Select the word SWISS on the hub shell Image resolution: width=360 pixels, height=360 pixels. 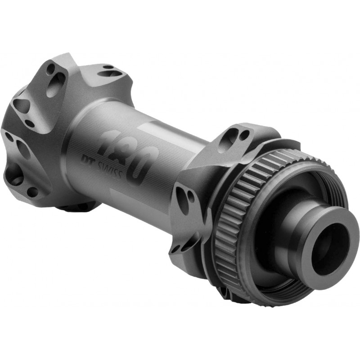pyautogui.click(x=111, y=170)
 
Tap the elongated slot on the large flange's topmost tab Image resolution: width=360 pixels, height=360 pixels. pyautogui.click(x=110, y=72)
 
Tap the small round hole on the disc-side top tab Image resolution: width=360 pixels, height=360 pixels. pyautogui.click(x=243, y=135)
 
